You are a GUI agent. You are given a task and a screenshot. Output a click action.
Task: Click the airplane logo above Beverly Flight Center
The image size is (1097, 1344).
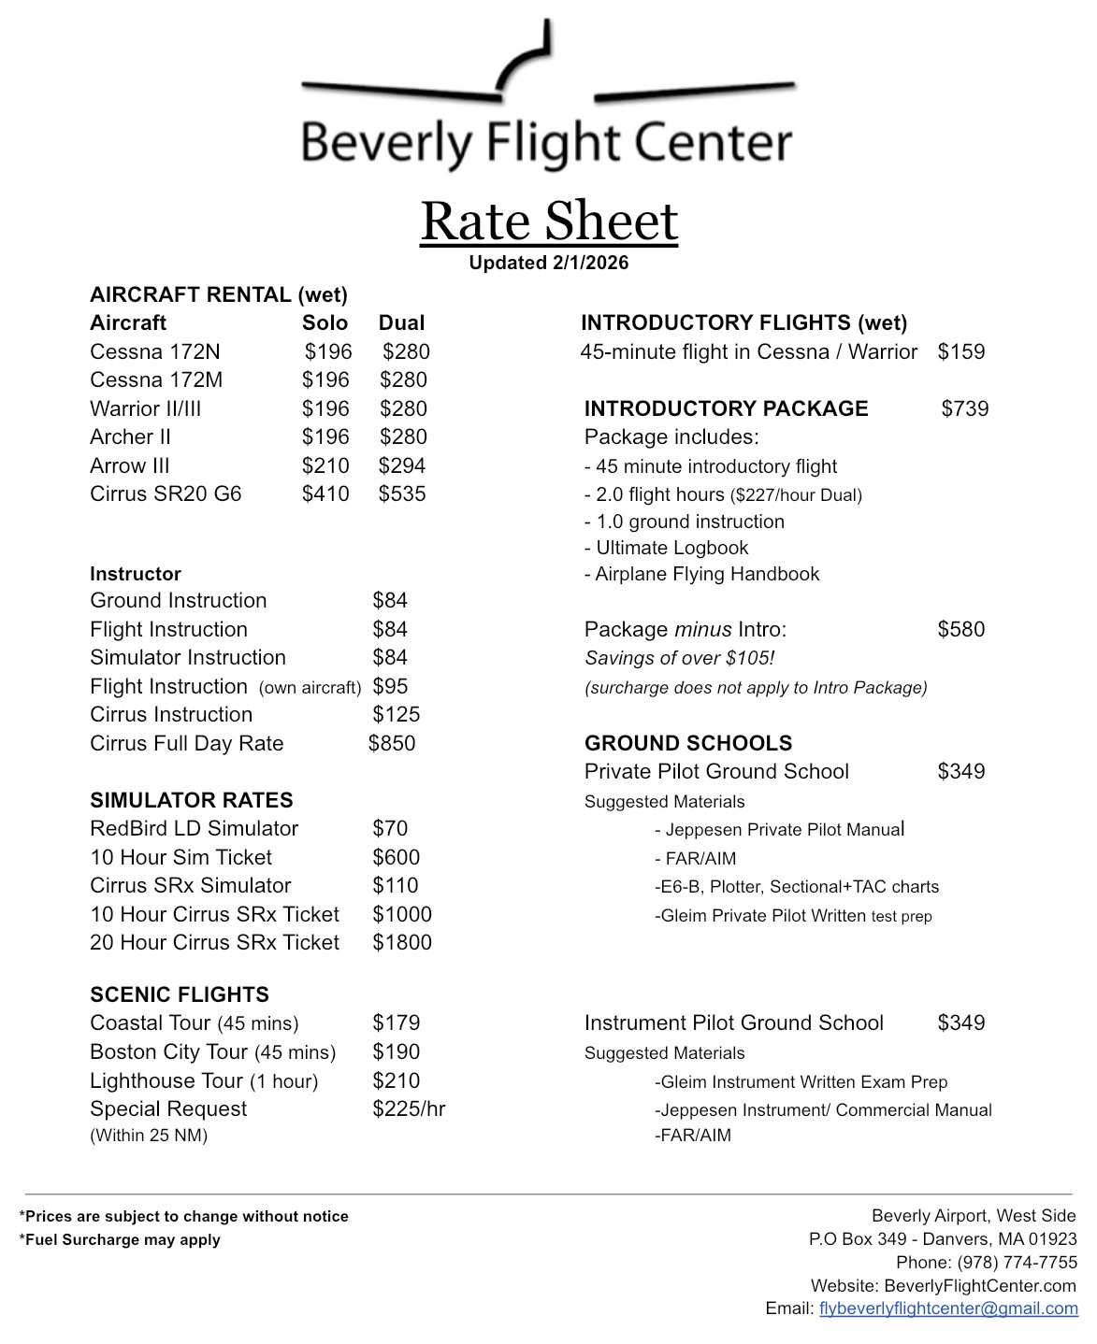(x=547, y=70)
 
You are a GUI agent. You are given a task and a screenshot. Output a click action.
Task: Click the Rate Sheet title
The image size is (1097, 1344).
(x=549, y=222)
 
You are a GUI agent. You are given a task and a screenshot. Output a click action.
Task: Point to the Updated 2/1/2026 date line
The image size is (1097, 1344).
(x=549, y=263)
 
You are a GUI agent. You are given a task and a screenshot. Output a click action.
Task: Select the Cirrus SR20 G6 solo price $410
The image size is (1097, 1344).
(x=325, y=493)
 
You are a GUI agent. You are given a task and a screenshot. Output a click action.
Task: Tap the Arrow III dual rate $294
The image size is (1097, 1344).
(x=402, y=465)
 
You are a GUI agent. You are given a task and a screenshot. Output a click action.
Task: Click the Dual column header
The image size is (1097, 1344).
(x=401, y=323)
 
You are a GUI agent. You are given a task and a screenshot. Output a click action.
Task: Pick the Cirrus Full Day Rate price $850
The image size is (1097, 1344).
(x=392, y=743)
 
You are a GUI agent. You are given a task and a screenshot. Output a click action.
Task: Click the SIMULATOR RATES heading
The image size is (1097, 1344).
(x=192, y=800)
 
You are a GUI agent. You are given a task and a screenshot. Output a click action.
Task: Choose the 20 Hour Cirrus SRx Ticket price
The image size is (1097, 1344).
(x=402, y=942)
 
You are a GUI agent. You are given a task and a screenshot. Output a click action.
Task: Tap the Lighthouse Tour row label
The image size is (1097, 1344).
(x=204, y=1080)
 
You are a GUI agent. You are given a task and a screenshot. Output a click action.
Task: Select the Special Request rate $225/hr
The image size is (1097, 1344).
(x=409, y=1108)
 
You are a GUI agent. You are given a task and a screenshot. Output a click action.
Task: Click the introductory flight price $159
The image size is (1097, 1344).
(x=961, y=352)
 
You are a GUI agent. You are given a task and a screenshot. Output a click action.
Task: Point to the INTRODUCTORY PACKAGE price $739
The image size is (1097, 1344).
(x=965, y=408)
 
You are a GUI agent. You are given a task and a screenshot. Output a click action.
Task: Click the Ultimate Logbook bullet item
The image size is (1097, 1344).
(x=667, y=548)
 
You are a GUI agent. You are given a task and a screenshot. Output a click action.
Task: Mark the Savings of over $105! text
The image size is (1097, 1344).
(x=680, y=658)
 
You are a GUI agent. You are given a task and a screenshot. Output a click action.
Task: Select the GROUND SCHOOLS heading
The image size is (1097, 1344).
(x=688, y=743)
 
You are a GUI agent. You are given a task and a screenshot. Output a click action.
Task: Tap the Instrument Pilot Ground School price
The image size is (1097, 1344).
(x=961, y=1022)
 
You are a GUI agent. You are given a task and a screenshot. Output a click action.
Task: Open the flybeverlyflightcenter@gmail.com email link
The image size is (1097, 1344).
(x=948, y=1308)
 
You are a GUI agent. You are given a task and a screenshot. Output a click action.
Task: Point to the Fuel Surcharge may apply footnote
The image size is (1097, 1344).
(x=120, y=1239)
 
